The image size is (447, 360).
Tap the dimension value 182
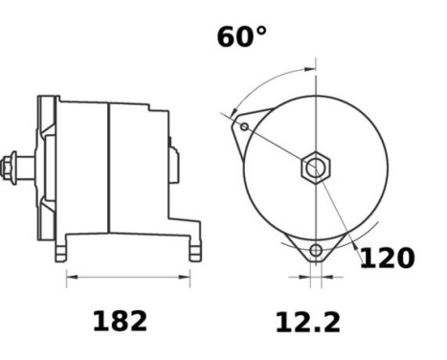tap(120, 322)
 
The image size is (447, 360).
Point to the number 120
tap(387, 259)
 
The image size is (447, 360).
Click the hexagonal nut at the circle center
tap(315, 169)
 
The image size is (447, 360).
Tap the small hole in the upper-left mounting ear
tap(245, 126)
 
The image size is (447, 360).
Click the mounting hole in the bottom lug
tap(315, 254)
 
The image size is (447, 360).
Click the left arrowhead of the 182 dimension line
tap(69, 280)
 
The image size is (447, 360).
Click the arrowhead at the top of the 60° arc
tap(311, 69)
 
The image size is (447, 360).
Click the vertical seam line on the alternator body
tap(109, 168)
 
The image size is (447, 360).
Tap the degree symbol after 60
tap(261, 30)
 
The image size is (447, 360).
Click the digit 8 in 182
tap(120, 322)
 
